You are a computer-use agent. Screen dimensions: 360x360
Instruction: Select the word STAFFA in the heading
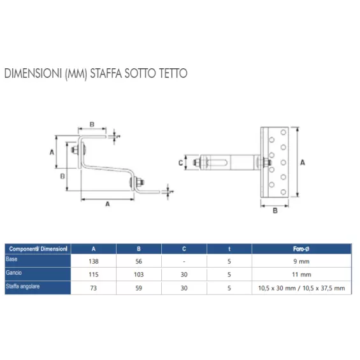(x=106, y=73)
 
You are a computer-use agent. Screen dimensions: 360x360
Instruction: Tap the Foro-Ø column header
(x=301, y=249)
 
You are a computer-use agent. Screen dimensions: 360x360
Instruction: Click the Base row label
(x=11, y=259)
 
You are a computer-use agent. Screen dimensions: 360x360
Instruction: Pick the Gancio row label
(x=14, y=273)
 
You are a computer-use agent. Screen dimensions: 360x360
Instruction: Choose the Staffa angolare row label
(x=23, y=286)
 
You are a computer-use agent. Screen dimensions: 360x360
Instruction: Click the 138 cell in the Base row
(x=94, y=261)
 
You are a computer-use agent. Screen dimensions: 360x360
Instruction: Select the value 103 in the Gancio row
(x=139, y=275)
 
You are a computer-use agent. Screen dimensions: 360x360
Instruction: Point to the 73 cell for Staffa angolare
(x=94, y=288)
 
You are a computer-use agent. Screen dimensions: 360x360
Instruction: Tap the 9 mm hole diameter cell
(x=301, y=261)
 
